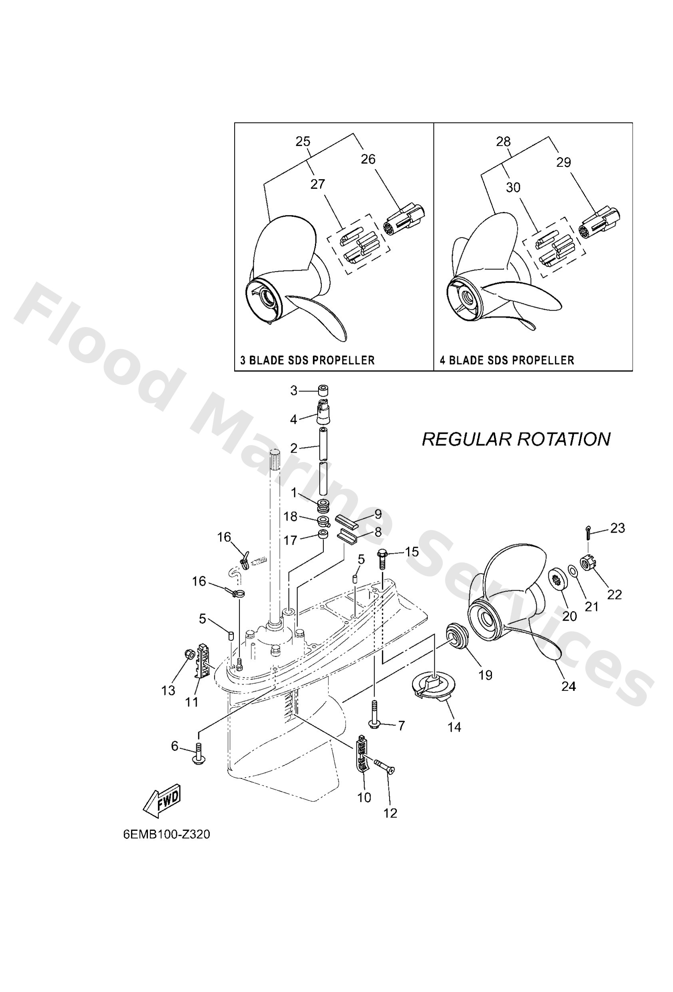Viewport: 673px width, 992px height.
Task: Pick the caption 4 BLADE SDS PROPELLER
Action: [x=507, y=360]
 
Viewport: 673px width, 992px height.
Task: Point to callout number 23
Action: [x=617, y=528]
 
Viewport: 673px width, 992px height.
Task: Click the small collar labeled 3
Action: [x=323, y=391]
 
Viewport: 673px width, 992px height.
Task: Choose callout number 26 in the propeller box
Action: [x=368, y=159]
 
